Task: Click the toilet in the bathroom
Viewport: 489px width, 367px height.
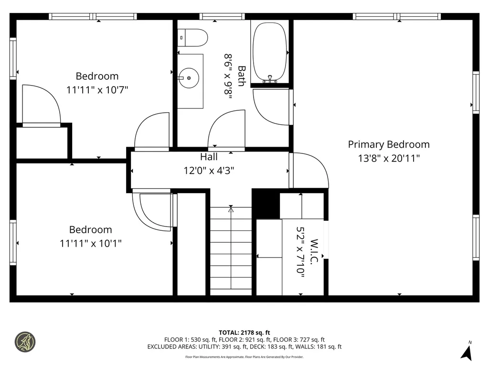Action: pyautogui.click(x=192, y=38)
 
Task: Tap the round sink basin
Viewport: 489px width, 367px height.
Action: pyautogui.click(x=189, y=78)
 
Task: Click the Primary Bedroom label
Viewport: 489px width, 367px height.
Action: pyautogui.click(x=389, y=144)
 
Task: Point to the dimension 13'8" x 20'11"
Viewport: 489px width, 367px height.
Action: pyautogui.click(x=389, y=158)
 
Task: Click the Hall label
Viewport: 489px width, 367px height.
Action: pyautogui.click(x=209, y=157)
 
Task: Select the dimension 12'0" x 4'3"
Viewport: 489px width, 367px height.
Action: pyautogui.click(x=209, y=171)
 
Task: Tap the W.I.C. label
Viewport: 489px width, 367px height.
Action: pyautogui.click(x=314, y=251)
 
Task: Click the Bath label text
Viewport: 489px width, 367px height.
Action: pyautogui.click(x=242, y=76)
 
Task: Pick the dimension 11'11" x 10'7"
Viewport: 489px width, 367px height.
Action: pyautogui.click(x=97, y=90)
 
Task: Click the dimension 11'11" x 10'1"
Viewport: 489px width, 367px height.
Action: pyautogui.click(x=90, y=243)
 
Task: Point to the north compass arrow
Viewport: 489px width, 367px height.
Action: pyautogui.click(x=467, y=353)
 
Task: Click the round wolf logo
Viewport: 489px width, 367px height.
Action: pyautogui.click(x=25, y=342)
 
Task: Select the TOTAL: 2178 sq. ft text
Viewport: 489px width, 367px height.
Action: pyautogui.click(x=244, y=333)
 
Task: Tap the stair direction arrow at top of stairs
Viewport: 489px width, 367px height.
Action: pyautogui.click(x=231, y=210)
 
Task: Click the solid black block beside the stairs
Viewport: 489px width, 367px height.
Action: pyautogui.click(x=266, y=204)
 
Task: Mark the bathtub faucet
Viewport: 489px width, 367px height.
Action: pyautogui.click(x=270, y=79)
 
